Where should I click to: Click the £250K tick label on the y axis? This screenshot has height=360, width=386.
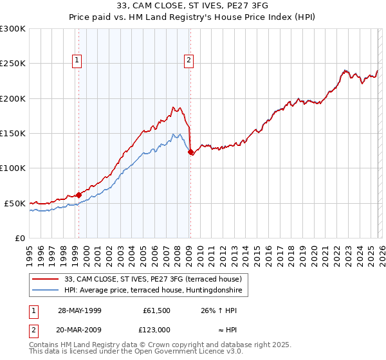coord(13,64)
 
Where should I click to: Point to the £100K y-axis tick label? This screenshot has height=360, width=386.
coord(13,168)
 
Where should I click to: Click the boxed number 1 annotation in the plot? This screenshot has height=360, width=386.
coord(77,60)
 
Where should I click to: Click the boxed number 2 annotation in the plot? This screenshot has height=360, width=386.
coord(189,60)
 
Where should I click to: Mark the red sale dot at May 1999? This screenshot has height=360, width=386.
coord(78,195)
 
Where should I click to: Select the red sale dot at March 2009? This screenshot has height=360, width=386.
coord(190,152)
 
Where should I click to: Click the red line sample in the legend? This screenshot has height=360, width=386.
coord(46,279)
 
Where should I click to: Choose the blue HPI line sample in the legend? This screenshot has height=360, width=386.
coord(46,291)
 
